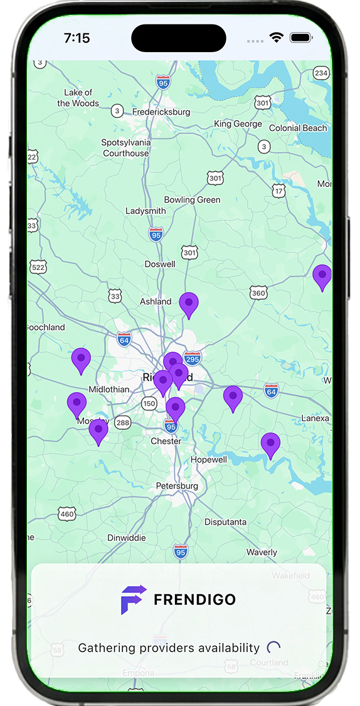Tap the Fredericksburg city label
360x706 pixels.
[x=161, y=112]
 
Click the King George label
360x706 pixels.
[x=238, y=124]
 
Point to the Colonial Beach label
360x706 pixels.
[x=298, y=128]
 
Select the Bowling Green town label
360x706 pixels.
[x=192, y=200]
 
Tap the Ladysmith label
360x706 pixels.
[x=146, y=211]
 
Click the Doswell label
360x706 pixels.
[x=160, y=264]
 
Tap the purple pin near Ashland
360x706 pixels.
[x=189, y=304]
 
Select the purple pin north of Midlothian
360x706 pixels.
[x=81, y=360]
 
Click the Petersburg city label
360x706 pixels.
[x=177, y=486]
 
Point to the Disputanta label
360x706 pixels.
[x=225, y=521]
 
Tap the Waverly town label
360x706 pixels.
[x=262, y=552]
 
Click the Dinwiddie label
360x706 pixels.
[x=127, y=537]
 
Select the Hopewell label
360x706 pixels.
[x=209, y=459]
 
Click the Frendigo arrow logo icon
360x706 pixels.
[x=134, y=599]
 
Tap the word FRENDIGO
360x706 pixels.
[x=194, y=599]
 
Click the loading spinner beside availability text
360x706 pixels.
[x=273, y=648]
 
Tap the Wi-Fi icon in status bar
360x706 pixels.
[x=277, y=38]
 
